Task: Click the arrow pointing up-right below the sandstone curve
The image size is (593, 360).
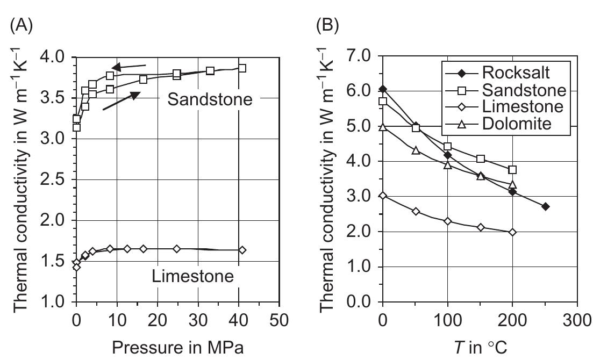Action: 121,101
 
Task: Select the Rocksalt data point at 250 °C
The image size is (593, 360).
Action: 545,206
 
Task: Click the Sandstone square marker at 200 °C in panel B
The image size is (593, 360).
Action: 512,170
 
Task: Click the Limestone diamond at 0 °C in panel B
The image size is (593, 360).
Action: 383,196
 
